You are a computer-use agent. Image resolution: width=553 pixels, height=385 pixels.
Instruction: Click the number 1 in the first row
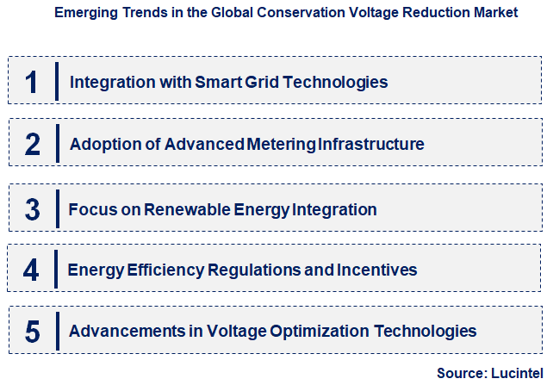32,82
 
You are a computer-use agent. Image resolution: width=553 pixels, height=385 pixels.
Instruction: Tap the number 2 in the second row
32,144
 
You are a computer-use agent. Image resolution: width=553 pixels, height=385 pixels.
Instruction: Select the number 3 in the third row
32,209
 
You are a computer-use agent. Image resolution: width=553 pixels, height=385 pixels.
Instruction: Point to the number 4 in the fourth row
32,270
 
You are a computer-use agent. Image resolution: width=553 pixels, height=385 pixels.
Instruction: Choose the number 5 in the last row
32,331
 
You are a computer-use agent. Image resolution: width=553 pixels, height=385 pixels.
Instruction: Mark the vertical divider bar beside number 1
57,82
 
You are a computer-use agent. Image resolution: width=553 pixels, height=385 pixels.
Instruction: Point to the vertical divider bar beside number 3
57,209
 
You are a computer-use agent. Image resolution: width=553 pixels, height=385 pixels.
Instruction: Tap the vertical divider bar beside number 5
57,331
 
